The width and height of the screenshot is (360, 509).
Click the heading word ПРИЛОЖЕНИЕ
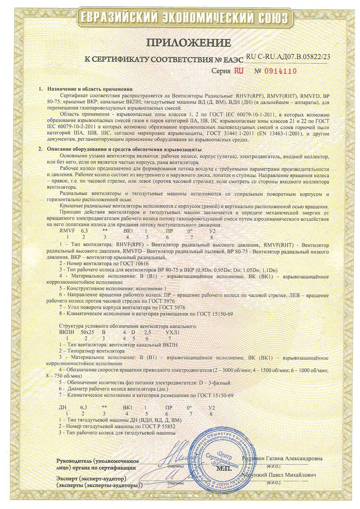[181, 43]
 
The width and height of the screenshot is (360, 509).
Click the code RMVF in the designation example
[67, 231]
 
